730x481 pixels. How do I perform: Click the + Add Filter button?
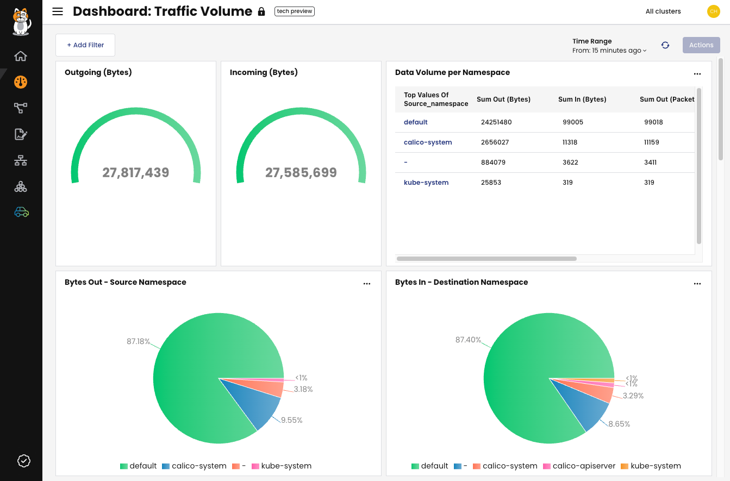pos(85,45)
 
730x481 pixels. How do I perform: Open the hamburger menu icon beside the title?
pos(58,11)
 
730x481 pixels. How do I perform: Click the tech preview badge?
pos(294,11)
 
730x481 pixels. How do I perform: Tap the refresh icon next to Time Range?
pos(665,45)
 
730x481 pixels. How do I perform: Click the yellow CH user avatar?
pos(713,11)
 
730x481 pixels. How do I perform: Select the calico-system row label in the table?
pos(428,142)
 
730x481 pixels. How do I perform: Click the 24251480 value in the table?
pos(496,122)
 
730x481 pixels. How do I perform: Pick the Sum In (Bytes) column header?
pos(582,99)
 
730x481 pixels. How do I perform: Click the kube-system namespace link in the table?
pos(426,183)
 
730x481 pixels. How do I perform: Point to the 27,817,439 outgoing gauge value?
pos(136,173)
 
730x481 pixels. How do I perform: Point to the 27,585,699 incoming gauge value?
pos(301,173)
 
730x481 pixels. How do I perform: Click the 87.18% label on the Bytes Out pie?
pos(138,341)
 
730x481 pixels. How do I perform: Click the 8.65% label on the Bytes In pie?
pos(619,424)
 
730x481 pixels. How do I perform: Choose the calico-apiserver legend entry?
pos(579,466)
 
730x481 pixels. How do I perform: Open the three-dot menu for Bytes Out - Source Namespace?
pos(367,284)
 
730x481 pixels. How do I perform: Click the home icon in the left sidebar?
pos(21,56)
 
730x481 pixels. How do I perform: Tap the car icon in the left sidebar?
pos(21,212)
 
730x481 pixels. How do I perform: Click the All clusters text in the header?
pos(663,11)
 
